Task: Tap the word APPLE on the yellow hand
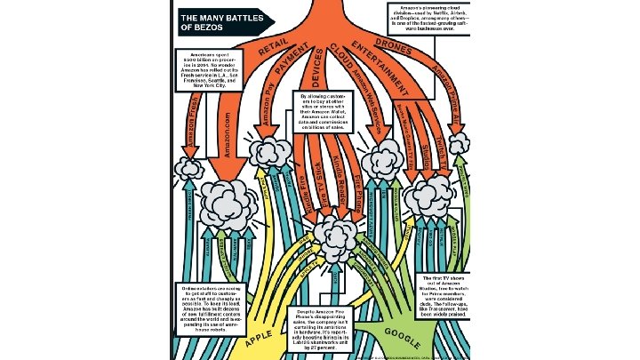259,339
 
